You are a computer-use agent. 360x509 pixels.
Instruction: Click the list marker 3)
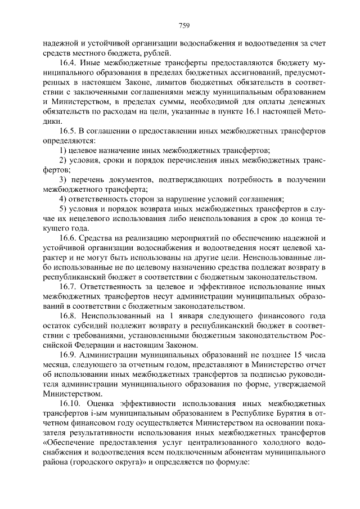point(64,179)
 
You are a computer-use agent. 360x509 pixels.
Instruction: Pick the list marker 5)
point(64,209)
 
